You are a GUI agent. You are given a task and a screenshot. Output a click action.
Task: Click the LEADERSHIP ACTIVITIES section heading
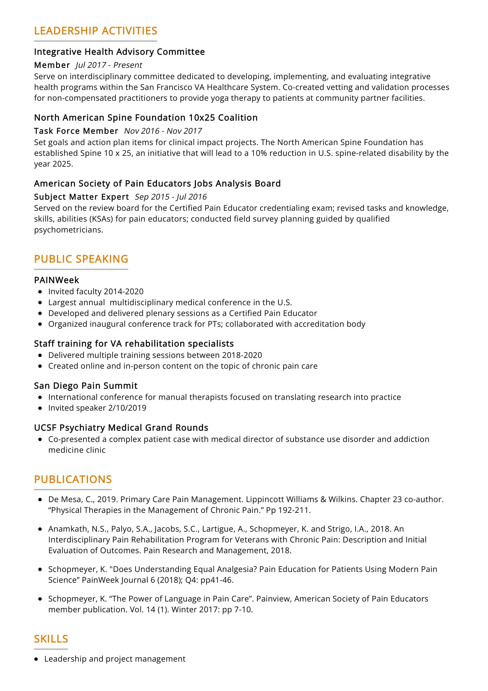click(x=95, y=31)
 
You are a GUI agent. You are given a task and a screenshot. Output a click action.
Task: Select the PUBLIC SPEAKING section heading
click(x=81, y=259)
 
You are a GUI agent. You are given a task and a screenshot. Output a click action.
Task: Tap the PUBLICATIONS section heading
click(x=73, y=479)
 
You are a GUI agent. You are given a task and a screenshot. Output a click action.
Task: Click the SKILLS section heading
click(x=51, y=639)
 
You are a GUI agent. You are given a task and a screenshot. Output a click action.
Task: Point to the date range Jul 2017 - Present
click(x=109, y=65)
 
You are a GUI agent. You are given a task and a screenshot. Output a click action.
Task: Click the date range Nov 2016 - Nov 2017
click(x=163, y=131)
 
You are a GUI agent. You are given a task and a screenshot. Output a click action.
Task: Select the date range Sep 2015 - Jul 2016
click(x=170, y=197)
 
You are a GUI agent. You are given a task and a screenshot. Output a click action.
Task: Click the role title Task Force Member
click(x=76, y=131)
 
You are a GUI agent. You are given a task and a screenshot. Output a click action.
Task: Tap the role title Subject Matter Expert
click(x=81, y=197)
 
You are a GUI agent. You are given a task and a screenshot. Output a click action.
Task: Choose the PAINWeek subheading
click(x=56, y=280)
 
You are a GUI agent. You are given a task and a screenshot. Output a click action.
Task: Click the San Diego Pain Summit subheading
click(x=86, y=386)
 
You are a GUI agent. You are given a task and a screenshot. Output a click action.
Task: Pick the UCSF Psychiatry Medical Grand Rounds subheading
click(x=121, y=428)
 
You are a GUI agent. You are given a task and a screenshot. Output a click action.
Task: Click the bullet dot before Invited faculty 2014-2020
click(x=40, y=292)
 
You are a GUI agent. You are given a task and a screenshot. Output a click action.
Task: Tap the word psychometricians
click(x=68, y=230)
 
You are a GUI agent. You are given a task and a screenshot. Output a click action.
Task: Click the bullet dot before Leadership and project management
click(x=36, y=659)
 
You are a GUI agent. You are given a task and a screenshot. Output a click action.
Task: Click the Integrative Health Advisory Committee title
click(x=119, y=52)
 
